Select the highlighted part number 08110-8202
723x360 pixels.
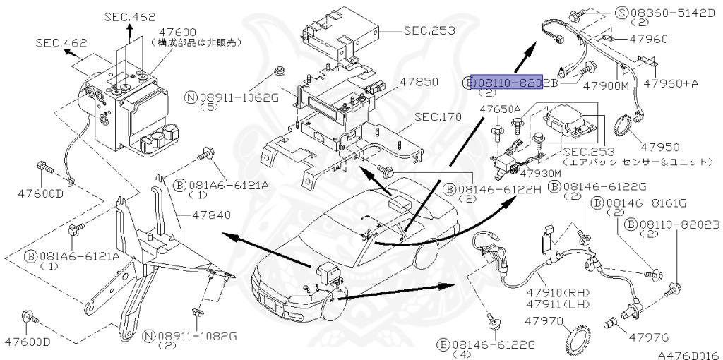coord(507,83)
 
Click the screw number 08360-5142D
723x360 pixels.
coord(669,13)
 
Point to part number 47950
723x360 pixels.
coord(660,148)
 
